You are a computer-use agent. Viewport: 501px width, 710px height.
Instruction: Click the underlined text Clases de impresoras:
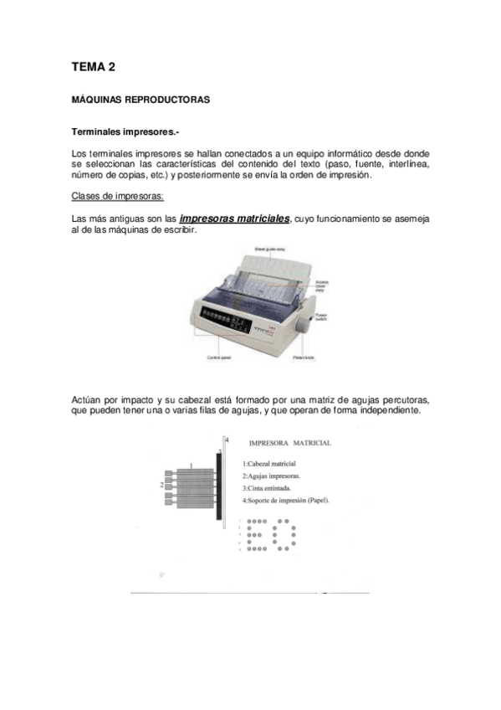tap(118, 197)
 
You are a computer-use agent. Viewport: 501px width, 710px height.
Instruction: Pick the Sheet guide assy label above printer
tap(270, 248)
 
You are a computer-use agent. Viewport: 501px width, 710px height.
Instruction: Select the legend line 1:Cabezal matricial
tap(269, 463)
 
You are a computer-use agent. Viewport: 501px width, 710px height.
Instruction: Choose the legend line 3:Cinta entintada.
tap(267, 487)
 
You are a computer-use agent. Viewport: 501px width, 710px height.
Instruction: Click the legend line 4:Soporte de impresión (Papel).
tap(286, 500)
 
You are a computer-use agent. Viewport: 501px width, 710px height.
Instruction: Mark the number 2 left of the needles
tap(161, 485)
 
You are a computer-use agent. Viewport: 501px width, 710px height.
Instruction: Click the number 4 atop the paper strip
tap(227, 440)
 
